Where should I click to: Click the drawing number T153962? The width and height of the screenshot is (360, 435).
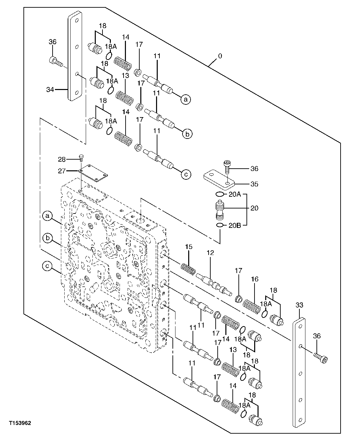20,423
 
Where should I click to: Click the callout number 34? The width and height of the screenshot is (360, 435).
50,89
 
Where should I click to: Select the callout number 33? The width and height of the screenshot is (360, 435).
299,305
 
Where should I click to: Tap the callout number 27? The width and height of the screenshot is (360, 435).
62,171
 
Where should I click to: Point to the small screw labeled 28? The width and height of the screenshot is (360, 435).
81,157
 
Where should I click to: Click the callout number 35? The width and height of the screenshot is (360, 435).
254,184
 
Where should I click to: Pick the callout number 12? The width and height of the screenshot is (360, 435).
210,253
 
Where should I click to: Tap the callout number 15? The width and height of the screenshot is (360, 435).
189,247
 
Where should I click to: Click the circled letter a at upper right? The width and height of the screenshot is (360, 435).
186,99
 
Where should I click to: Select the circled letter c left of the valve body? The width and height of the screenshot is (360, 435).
48,266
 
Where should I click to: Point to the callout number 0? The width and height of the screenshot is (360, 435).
220,56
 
